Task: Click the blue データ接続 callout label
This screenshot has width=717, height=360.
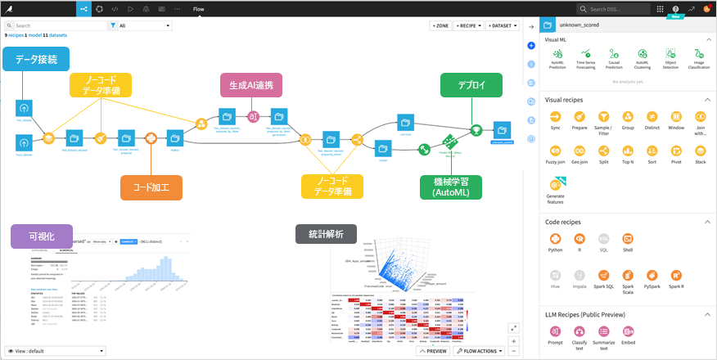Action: (x=36, y=58)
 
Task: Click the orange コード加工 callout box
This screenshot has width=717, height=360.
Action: (x=151, y=187)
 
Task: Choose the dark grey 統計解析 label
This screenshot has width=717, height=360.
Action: (x=325, y=235)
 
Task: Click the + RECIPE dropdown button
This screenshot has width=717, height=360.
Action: (x=467, y=26)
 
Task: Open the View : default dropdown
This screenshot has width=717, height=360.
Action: (x=55, y=351)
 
